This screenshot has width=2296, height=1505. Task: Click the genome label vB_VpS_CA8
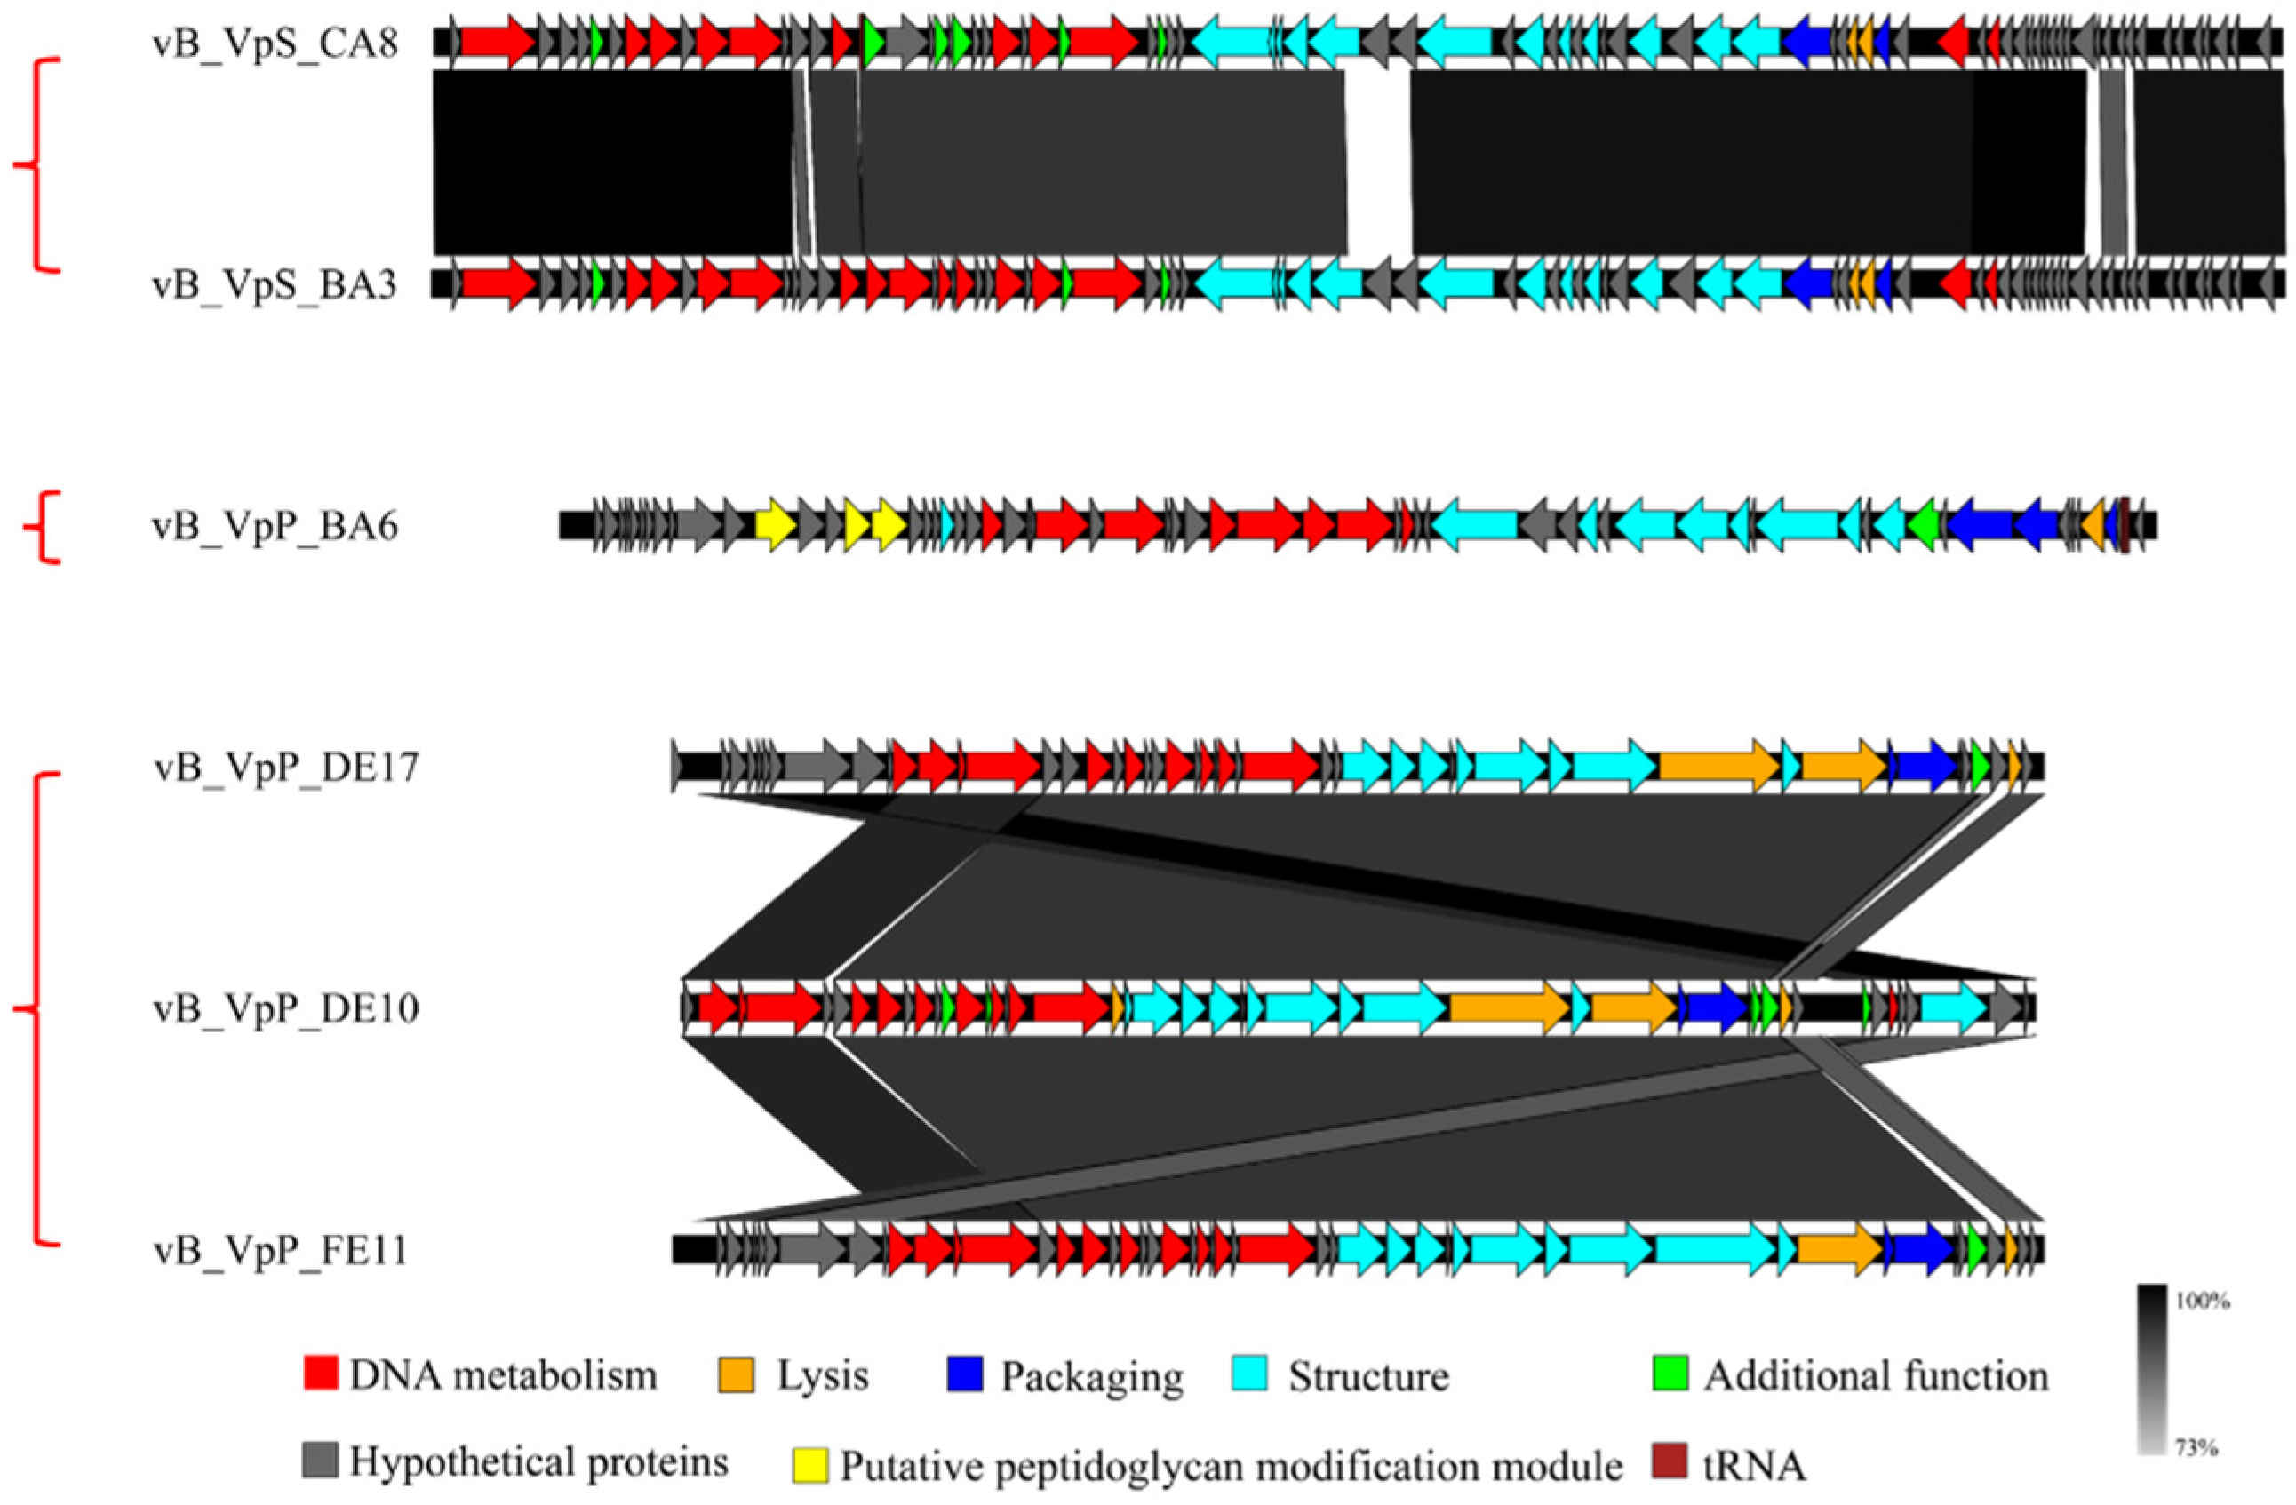[x=275, y=44]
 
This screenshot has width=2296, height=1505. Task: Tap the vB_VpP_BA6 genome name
[x=275, y=527]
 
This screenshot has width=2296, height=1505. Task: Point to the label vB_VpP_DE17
[x=286, y=768]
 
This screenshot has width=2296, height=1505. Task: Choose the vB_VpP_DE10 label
[x=286, y=1009]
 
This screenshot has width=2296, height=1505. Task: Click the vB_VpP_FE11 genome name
[x=281, y=1250]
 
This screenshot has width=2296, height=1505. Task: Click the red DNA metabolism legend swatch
[x=320, y=1373]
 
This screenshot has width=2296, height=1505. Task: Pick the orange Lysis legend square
[x=736, y=1373]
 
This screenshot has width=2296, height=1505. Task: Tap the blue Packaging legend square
[x=965, y=1373]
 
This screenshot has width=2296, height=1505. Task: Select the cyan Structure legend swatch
[x=1250, y=1373]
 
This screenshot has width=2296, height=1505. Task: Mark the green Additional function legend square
[x=1670, y=1373]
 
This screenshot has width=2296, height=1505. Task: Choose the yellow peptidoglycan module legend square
[x=809, y=1464]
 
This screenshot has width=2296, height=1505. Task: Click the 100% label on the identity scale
[x=2203, y=1302]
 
